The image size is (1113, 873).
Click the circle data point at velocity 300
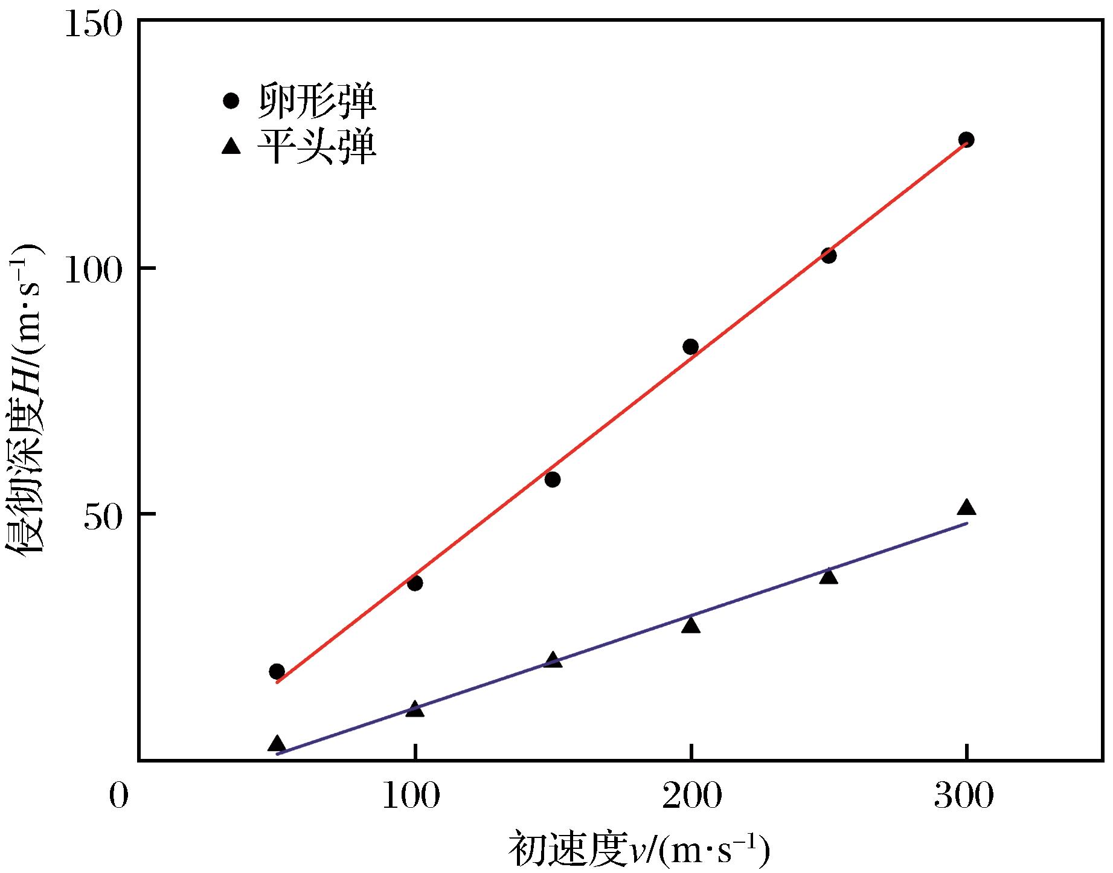[x=966, y=139]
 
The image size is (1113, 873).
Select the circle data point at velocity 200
[x=690, y=347]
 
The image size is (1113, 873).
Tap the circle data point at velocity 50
[x=277, y=671]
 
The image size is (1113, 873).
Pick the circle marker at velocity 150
[x=553, y=479]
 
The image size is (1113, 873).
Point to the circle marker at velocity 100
[x=415, y=583]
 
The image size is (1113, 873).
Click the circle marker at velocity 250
[x=829, y=256]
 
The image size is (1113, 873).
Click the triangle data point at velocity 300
[x=966, y=507]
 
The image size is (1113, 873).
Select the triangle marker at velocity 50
[x=277, y=743]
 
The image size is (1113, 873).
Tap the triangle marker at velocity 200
[x=690, y=625]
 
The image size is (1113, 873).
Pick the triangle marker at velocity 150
[x=553, y=659]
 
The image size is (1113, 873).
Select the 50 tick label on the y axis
[x=103, y=515]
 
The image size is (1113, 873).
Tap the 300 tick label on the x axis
[x=964, y=796]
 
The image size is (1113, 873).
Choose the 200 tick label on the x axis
[x=691, y=796]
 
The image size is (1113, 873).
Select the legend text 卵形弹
[x=318, y=101]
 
